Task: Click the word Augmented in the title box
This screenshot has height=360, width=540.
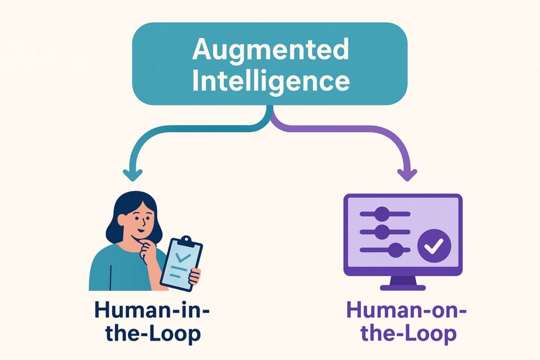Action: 270,50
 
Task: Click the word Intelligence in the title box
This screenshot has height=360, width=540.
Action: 270,81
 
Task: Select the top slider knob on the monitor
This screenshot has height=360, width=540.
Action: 382,214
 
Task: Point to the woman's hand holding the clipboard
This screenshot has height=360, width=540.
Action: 195,275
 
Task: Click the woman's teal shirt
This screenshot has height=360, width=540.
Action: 113,269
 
